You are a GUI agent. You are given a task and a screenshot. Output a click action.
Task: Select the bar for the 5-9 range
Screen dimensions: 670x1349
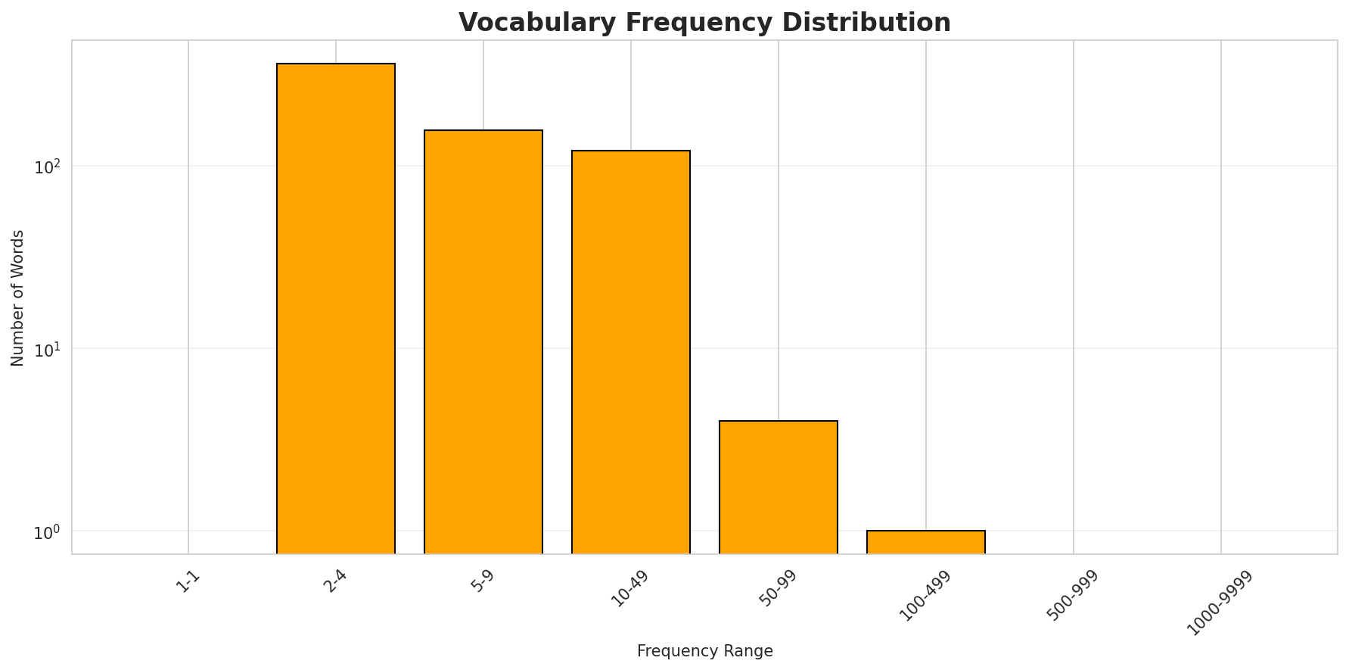pos(483,341)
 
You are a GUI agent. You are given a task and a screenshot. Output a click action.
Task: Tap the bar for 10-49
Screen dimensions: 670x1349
pos(631,352)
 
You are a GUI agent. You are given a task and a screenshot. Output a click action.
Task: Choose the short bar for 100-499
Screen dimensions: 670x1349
pos(926,542)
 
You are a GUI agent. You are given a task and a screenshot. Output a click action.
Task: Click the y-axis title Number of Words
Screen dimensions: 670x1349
pos(18,298)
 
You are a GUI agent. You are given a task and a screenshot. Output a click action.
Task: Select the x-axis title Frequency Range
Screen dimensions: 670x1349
pos(704,651)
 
